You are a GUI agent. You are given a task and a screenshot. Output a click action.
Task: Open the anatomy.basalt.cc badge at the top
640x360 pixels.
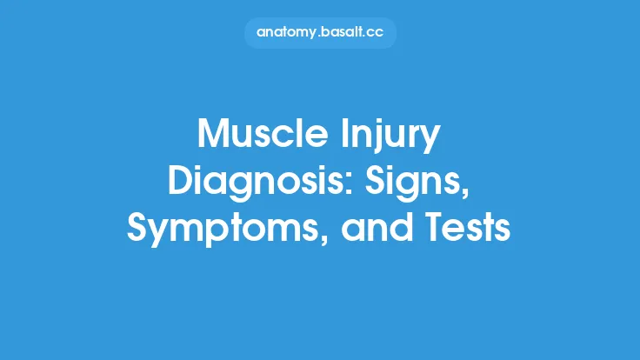point(320,32)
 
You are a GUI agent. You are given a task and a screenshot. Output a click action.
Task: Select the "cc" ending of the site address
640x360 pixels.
point(377,32)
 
